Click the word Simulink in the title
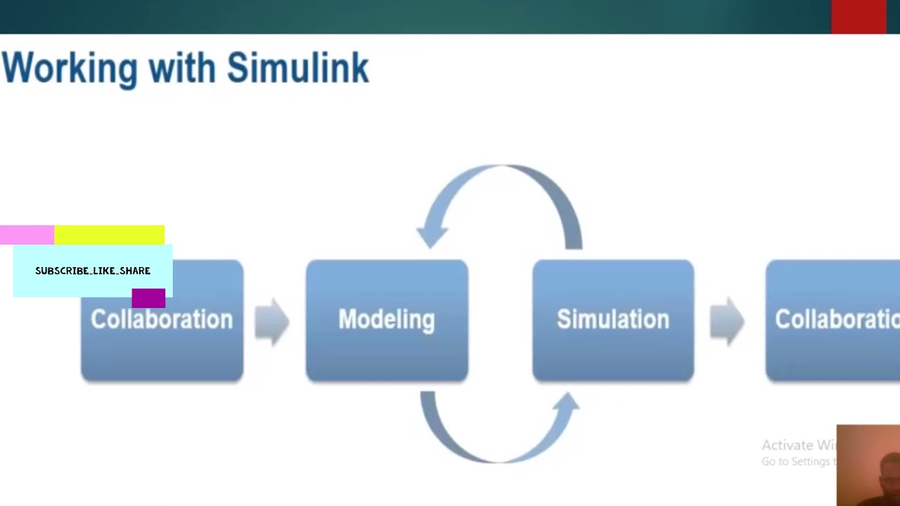(297, 69)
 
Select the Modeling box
(387, 320)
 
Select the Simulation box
(613, 320)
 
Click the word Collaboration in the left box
(162, 320)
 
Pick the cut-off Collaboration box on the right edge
(834, 320)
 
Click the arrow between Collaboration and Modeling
(272, 321)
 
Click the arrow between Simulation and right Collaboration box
(727, 321)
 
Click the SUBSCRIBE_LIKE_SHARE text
(93, 271)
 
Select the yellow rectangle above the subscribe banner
(109, 235)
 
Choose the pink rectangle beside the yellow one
(27, 235)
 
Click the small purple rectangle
(148, 298)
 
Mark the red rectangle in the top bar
(859, 16)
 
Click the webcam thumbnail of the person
(868, 465)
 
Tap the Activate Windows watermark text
(797, 446)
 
